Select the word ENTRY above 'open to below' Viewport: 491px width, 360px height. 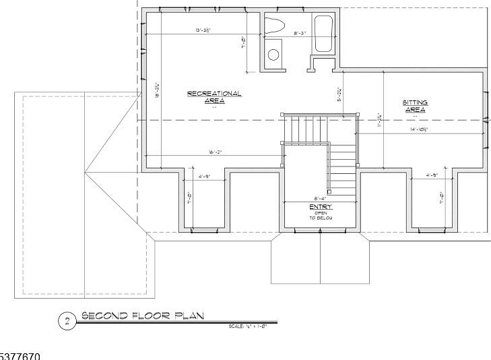pyautogui.click(x=321, y=207)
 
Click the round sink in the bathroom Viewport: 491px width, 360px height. pyautogui.click(x=273, y=55)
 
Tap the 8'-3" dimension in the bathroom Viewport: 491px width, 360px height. pyautogui.click(x=300, y=33)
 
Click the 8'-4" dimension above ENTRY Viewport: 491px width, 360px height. pyautogui.click(x=321, y=198)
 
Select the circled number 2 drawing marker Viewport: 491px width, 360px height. pyautogui.click(x=67, y=322)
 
